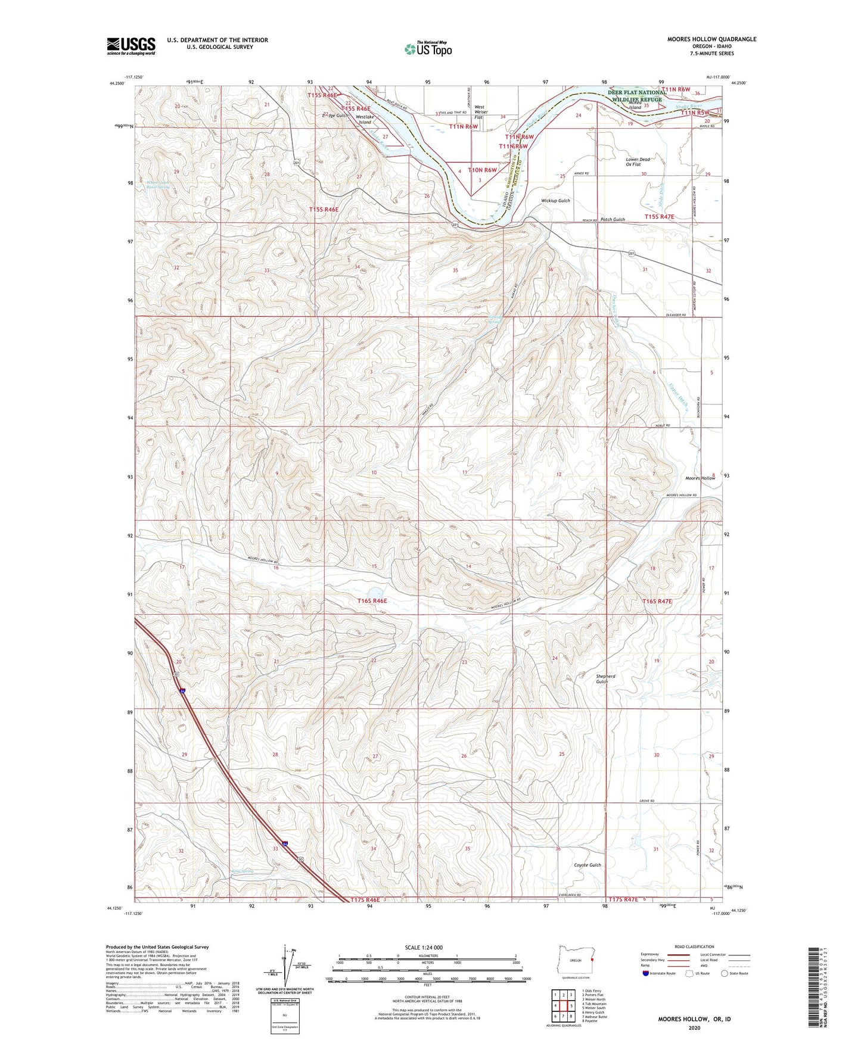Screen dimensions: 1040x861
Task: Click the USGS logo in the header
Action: tap(131, 45)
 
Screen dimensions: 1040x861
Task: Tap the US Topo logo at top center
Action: tap(427, 49)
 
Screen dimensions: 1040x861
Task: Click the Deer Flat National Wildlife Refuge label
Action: tap(636, 96)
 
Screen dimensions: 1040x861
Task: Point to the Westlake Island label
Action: tap(364, 119)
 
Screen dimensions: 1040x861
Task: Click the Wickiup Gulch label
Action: tap(555, 201)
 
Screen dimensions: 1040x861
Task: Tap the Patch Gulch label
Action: tap(613, 219)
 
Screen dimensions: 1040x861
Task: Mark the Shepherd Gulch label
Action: tap(605, 678)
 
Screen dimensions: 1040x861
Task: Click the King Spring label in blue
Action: tap(242, 871)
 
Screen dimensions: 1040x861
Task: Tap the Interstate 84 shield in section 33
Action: tap(286, 843)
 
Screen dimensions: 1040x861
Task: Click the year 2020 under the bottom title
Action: tap(694, 1027)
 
